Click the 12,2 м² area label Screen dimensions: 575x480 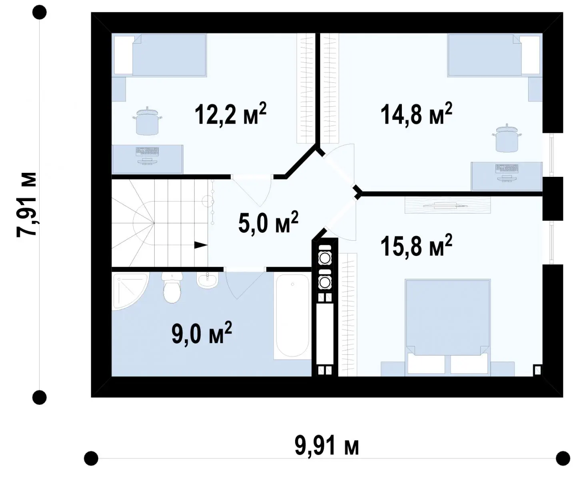tap(230, 114)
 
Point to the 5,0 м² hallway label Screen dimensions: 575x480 tap(268, 222)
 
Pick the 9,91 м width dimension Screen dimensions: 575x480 tap(327, 446)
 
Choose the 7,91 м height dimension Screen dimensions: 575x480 tap(26, 205)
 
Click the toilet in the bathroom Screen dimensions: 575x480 tap(172, 288)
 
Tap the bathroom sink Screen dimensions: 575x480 tap(207, 280)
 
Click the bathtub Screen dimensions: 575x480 tap(292, 316)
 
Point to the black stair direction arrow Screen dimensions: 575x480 tap(201, 245)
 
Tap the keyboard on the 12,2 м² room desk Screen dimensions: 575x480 tap(147, 152)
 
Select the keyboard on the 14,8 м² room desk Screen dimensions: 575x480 tap(507, 168)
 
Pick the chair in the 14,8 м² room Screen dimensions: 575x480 tap(507, 138)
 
